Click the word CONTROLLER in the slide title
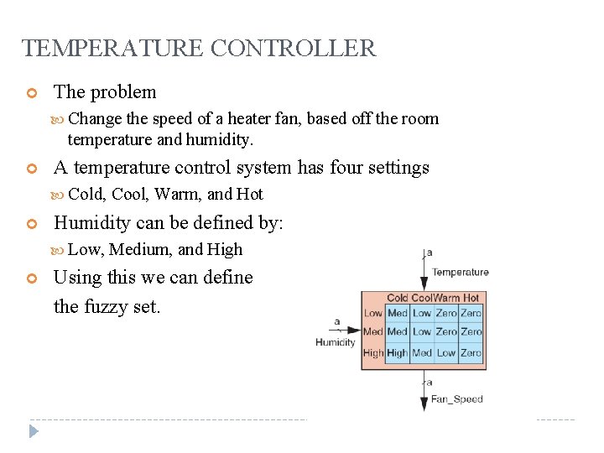(x=294, y=49)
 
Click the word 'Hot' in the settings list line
(x=250, y=194)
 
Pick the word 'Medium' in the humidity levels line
(x=140, y=249)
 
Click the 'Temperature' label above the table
(x=461, y=272)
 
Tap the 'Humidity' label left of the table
(x=336, y=341)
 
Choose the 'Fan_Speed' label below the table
(x=457, y=399)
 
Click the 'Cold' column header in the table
(x=398, y=298)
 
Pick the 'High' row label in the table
(x=373, y=353)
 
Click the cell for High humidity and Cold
(x=398, y=353)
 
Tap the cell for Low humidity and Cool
(x=422, y=313)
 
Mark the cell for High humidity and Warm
(x=446, y=353)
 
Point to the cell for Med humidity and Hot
(x=471, y=332)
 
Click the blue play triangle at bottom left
(x=34, y=432)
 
